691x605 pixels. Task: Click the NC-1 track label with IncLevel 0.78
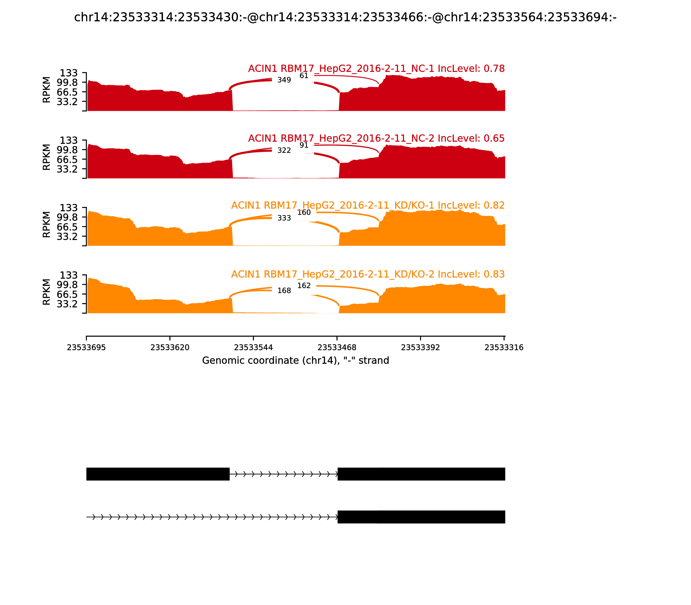pos(376,68)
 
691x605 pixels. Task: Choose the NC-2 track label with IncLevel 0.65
pos(376,139)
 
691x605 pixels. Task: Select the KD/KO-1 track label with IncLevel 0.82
pos(368,205)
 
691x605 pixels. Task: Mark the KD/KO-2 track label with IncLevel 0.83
pos(368,274)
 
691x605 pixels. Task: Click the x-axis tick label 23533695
pos(86,347)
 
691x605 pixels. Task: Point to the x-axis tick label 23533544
pos(253,347)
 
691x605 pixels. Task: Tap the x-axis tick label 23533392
pos(420,347)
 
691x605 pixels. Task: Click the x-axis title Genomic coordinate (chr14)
pos(296,361)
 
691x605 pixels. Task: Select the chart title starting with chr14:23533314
pos(345,17)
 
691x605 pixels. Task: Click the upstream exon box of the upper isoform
pos(158,474)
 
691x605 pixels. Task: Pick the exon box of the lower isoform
pos(421,517)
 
